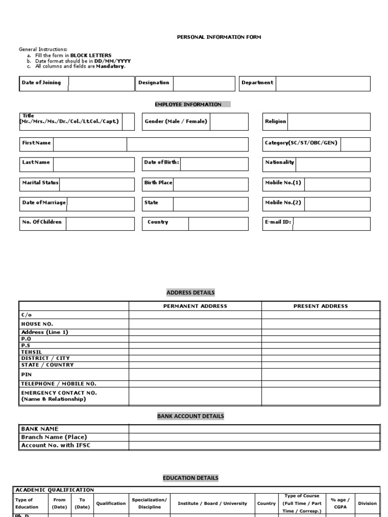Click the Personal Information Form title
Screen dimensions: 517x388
(219, 37)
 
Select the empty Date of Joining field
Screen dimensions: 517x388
(101, 83)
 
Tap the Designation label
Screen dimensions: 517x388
(154, 83)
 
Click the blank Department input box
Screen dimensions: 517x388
(323, 83)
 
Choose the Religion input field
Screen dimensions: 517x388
(328, 122)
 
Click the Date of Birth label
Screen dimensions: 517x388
(162, 163)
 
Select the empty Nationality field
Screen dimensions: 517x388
(332, 164)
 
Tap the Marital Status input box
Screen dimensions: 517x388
(97, 184)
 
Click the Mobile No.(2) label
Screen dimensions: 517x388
(283, 203)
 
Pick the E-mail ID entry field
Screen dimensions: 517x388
(331, 224)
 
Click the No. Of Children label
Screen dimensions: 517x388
(42, 222)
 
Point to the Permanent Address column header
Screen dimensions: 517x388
(195, 306)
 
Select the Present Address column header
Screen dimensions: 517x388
(320, 306)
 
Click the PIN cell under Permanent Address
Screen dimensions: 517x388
(195, 375)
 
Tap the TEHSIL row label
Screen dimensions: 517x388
(32, 352)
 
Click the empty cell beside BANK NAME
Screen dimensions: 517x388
(254, 429)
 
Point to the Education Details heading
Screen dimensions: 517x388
(190, 478)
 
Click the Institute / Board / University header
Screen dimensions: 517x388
(212, 503)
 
